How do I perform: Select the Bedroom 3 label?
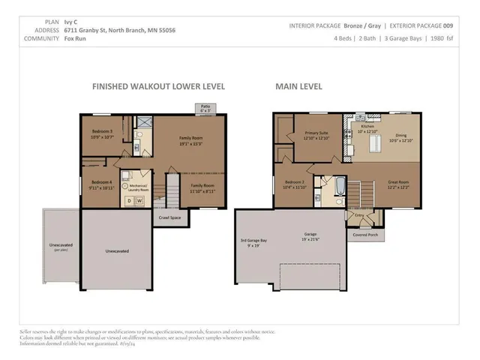pyautogui.click(x=97, y=134)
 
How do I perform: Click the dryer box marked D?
pyautogui.click(x=129, y=200)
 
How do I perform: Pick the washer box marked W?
pyautogui.click(x=139, y=200)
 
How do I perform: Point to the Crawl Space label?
pyautogui.click(x=169, y=217)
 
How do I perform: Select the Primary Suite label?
pyautogui.click(x=316, y=136)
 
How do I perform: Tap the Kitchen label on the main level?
pyautogui.click(x=367, y=128)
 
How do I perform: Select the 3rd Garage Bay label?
pyautogui.click(x=253, y=241)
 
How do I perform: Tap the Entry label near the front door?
pyautogui.click(x=359, y=215)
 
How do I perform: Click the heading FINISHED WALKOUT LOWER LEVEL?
pyautogui.click(x=158, y=86)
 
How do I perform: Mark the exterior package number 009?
pyautogui.click(x=447, y=25)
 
